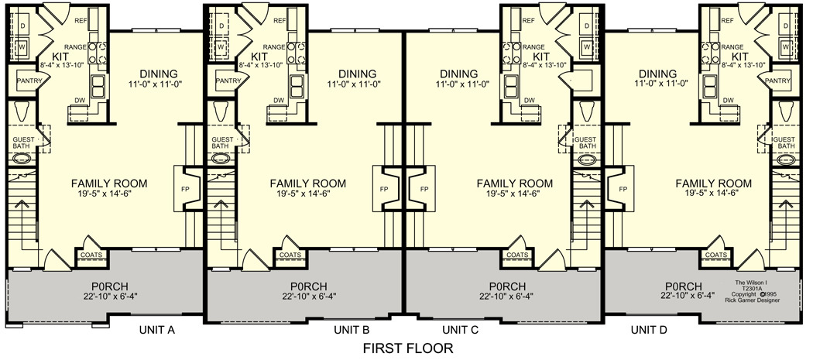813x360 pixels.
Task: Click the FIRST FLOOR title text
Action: point(408,348)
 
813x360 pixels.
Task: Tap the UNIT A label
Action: point(156,329)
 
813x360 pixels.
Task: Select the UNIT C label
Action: point(459,329)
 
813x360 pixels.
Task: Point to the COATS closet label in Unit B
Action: point(290,255)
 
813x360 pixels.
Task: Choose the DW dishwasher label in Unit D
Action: point(729,100)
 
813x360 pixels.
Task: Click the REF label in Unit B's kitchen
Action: point(280,21)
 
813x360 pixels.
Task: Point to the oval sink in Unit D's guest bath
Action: point(786,159)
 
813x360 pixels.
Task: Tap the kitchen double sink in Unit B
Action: point(297,86)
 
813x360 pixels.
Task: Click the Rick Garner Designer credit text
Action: point(757,300)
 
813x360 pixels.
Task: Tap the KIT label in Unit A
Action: point(60,57)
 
